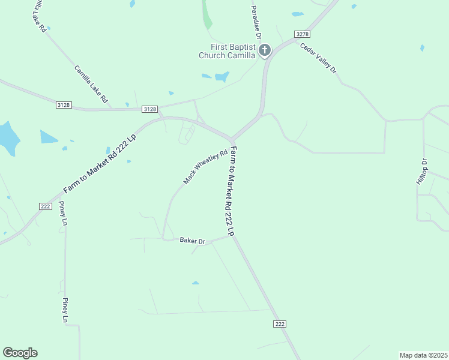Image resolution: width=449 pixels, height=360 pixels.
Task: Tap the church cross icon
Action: click(x=265, y=50)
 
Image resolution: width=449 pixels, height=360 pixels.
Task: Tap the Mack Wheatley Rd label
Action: click(x=206, y=166)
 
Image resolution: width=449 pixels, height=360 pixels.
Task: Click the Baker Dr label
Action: click(x=193, y=241)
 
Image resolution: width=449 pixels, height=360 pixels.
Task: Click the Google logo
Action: click(x=20, y=353)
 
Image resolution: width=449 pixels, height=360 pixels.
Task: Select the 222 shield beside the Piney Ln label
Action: click(x=45, y=206)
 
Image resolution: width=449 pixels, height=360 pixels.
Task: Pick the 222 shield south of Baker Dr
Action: click(x=279, y=323)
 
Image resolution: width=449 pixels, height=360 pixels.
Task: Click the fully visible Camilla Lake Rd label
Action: click(x=91, y=83)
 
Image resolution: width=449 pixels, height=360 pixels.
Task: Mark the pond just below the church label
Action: click(x=222, y=77)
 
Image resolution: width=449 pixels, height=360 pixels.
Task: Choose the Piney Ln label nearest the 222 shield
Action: click(x=63, y=213)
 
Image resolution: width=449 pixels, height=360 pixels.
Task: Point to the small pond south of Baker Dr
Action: click(x=196, y=282)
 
